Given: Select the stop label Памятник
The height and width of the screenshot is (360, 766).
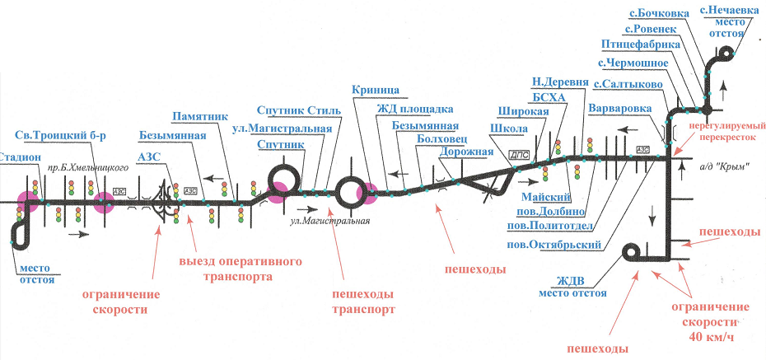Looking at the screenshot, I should [200, 117].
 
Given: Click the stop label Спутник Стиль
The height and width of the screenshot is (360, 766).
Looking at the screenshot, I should [293, 110].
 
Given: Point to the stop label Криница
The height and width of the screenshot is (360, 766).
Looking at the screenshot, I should [376, 89].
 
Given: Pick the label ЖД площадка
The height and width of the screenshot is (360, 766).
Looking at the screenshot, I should [415, 109].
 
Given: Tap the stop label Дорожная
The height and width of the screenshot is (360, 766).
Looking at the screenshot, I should [466, 152].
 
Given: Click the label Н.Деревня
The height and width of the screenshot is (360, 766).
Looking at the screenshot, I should [560, 81].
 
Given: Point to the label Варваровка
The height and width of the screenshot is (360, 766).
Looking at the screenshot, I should [620, 108].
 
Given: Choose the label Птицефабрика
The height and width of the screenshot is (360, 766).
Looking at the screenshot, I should [641, 45].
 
